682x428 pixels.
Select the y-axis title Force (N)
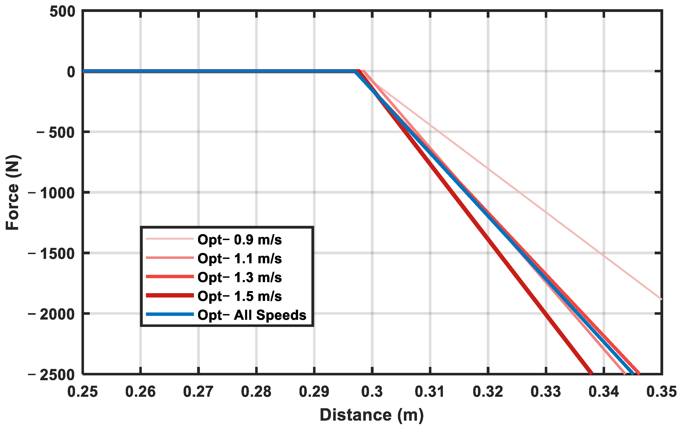tap(13, 193)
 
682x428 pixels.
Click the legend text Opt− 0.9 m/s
tap(240, 240)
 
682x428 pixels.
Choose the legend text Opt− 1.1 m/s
tap(240, 258)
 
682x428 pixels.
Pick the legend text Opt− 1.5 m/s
tap(240, 296)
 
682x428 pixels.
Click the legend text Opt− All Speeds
tap(252, 315)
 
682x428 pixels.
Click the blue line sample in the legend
tap(170, 314)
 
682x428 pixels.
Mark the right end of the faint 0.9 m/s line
tap(661, 299)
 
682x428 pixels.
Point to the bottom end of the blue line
tap(632, 373)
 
